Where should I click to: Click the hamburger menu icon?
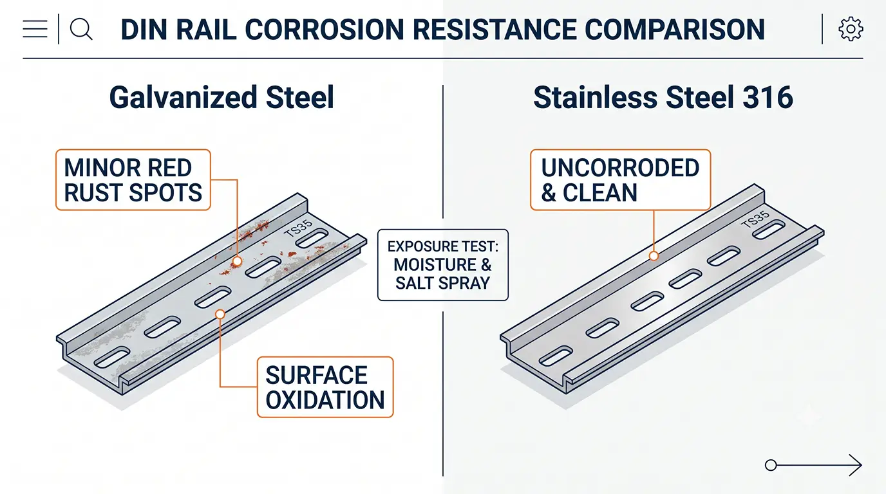35,29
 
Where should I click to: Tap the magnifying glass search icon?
81,29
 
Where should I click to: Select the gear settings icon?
851,29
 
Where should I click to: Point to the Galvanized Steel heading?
221,97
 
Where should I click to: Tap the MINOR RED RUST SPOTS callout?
133,180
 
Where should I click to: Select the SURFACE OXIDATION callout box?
325,387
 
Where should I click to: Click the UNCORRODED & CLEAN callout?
621,180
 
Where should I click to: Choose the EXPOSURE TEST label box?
443,265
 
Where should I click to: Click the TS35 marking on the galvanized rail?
298,228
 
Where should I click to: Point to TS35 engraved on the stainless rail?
755,220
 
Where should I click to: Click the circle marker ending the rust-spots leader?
238,261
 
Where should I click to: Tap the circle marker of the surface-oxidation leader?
220,314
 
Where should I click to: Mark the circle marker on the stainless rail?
654,256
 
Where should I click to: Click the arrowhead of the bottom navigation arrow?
856,465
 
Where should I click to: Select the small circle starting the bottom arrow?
771,465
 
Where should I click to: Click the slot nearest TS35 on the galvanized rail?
312,238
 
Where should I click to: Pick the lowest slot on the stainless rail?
556,356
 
